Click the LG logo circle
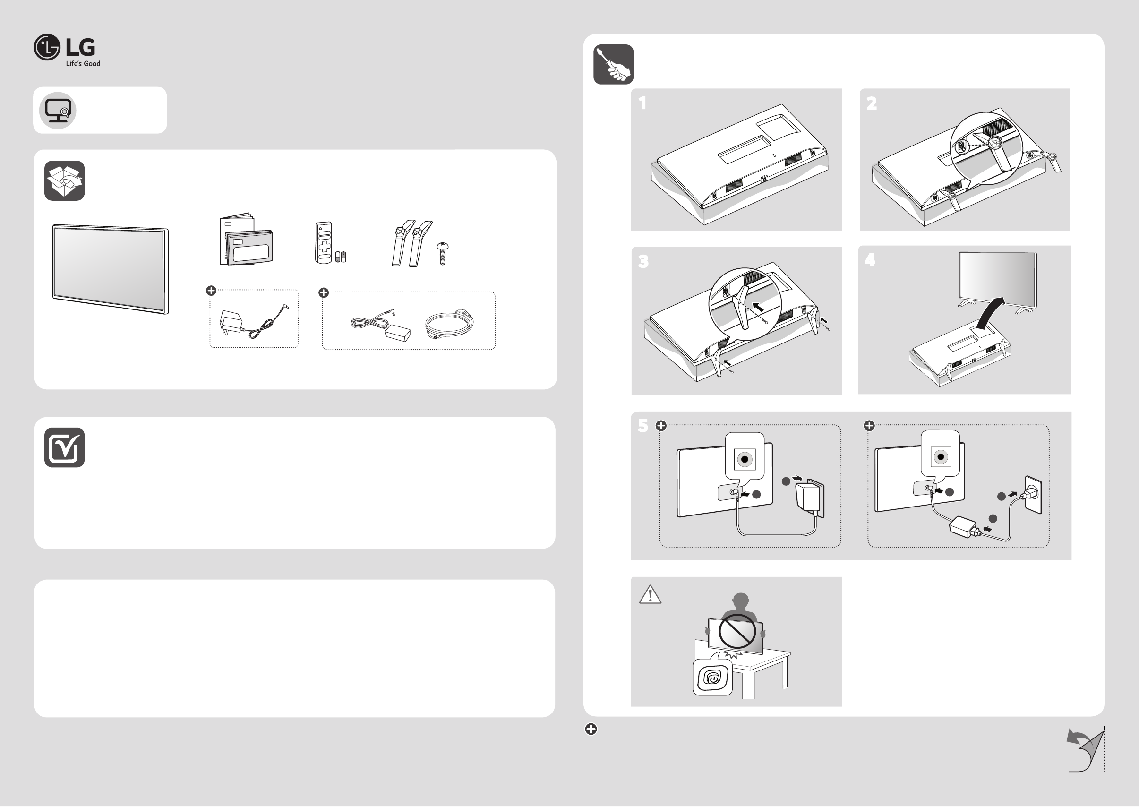[x=47, y=47]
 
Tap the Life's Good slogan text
[x=83, y=64]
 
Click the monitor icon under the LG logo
[x=58, y=110]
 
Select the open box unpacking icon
[x=65, y=181]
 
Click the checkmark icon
[x=65, y=447]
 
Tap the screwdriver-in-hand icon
[x=614, y=65]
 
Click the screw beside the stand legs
[x=442, y=253]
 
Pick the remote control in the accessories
[x=324, y=242]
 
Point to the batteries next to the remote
[x=340, y=257]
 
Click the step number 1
[x=643, y=103]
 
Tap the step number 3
[x=643, y=261]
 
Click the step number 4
[x=870, y=259]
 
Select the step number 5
[x=643, y=426]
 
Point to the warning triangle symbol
[x=650, y=594]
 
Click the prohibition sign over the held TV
[x=737, y=632]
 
